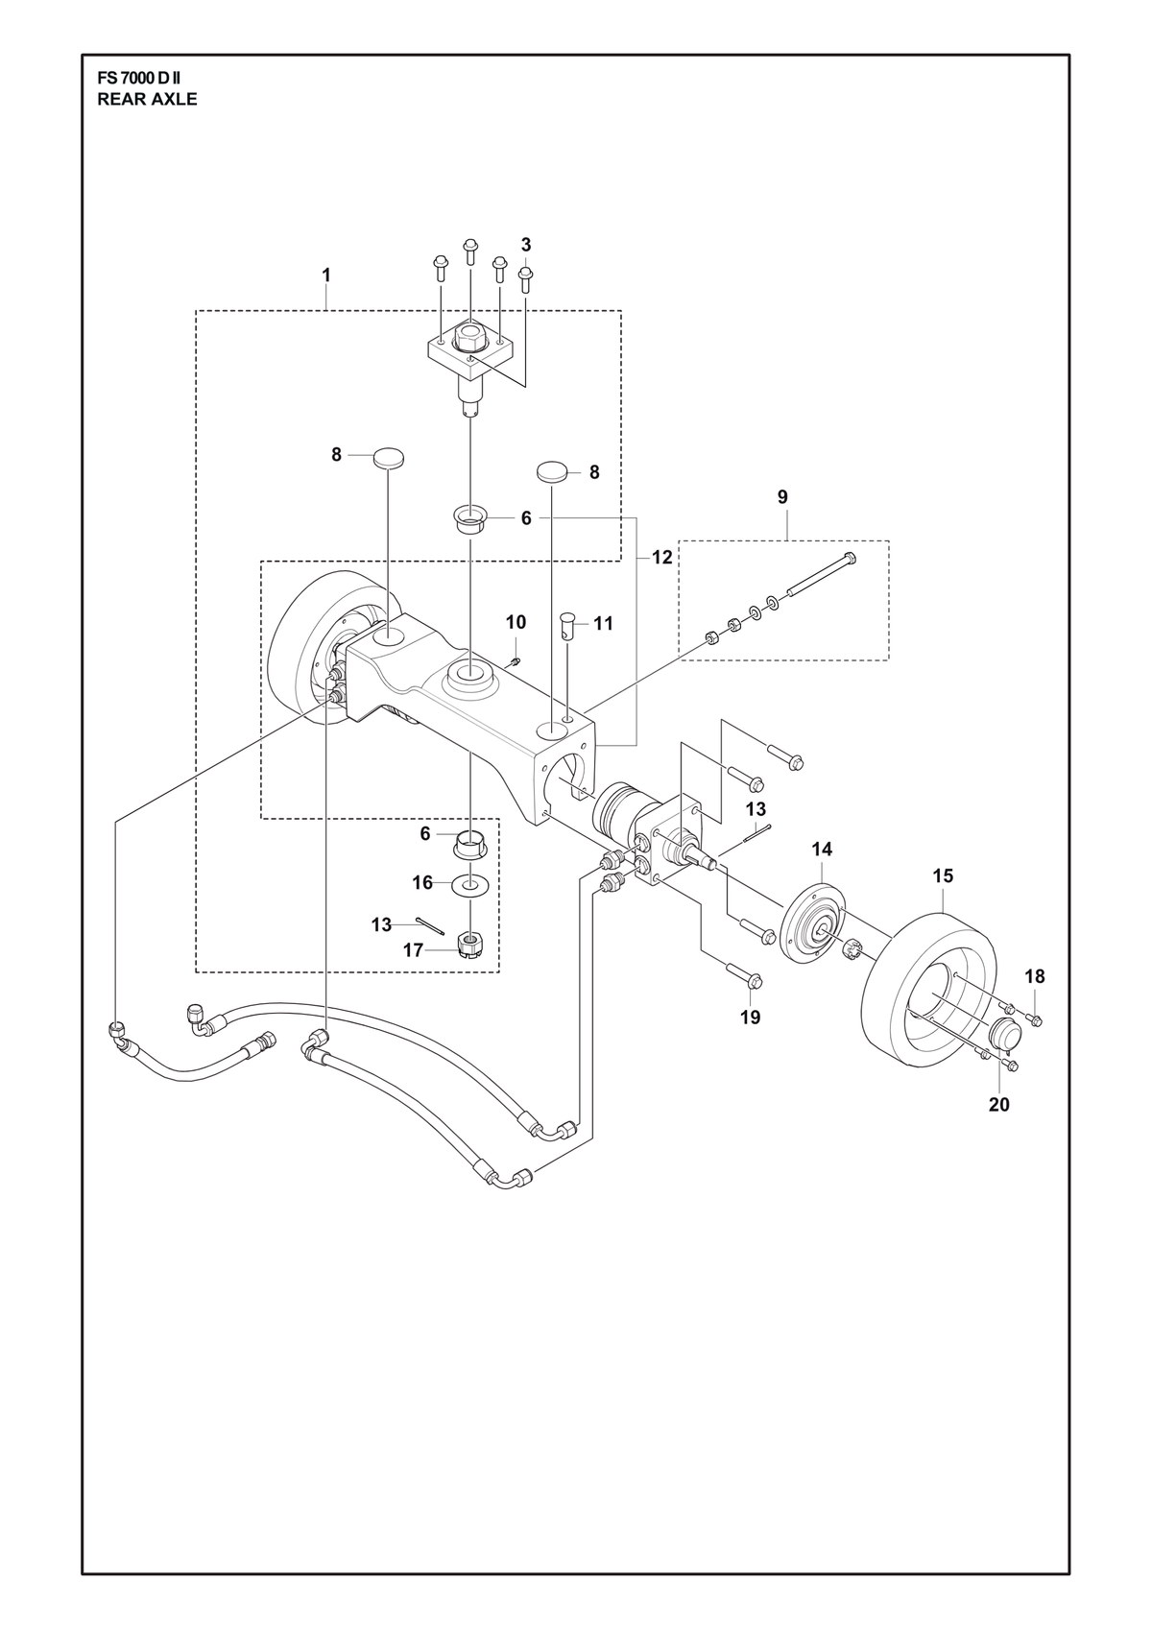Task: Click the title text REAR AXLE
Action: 147,100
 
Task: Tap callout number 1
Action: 326,275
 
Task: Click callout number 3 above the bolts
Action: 526,244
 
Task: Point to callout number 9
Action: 782,497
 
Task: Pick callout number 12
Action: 661,557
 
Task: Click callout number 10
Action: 516,622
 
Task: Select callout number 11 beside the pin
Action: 604,624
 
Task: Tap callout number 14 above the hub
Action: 822,850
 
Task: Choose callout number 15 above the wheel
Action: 943,876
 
